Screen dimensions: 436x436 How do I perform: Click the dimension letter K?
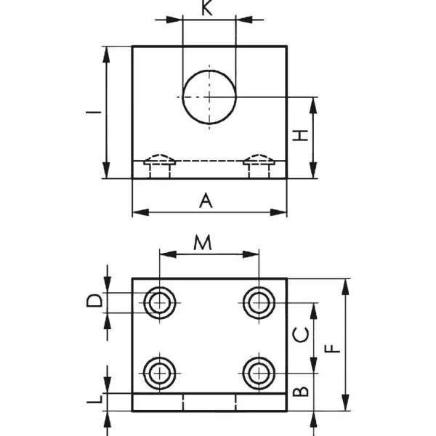(206, 8)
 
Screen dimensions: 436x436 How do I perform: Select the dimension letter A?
(206, 201)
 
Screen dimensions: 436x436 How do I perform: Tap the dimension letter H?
(301, 135)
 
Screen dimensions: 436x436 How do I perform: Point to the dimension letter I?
(94, 113)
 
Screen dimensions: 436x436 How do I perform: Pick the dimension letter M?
(203, 243)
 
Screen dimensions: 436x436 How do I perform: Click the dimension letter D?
(94, 301)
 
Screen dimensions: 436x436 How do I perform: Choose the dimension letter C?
(301, 335)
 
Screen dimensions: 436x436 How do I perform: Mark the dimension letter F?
(333, 349)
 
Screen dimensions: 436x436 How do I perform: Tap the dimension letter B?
(301, 392)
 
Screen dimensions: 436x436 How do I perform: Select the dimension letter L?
(94, 399)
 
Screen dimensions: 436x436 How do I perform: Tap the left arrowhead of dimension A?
(141, 213)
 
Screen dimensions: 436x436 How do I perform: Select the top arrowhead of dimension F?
(346, 287)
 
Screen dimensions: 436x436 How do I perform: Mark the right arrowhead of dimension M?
(251, 254)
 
